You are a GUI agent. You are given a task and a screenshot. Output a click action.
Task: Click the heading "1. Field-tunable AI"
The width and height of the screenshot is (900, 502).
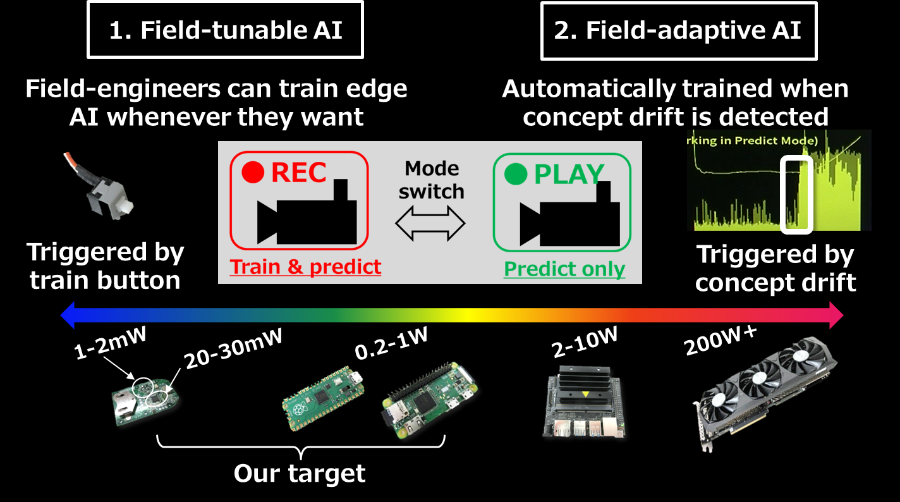click(226, 30)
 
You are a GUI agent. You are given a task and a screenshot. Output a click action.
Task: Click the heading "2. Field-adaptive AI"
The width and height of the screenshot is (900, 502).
click(678, 30)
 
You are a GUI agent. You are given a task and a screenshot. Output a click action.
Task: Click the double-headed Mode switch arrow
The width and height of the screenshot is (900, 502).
click(430, 223)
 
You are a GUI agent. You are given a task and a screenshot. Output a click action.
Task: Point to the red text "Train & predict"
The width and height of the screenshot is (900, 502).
click(306, 267)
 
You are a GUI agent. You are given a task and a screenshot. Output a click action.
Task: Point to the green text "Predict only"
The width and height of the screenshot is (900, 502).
click(564, 269)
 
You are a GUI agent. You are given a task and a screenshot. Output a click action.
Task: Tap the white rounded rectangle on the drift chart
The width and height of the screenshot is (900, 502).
click(796, 193)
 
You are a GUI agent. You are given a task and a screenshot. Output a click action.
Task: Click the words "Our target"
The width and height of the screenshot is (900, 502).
click(300, 474)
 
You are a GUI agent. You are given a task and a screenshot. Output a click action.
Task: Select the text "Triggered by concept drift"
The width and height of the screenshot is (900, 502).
click(775, 269)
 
